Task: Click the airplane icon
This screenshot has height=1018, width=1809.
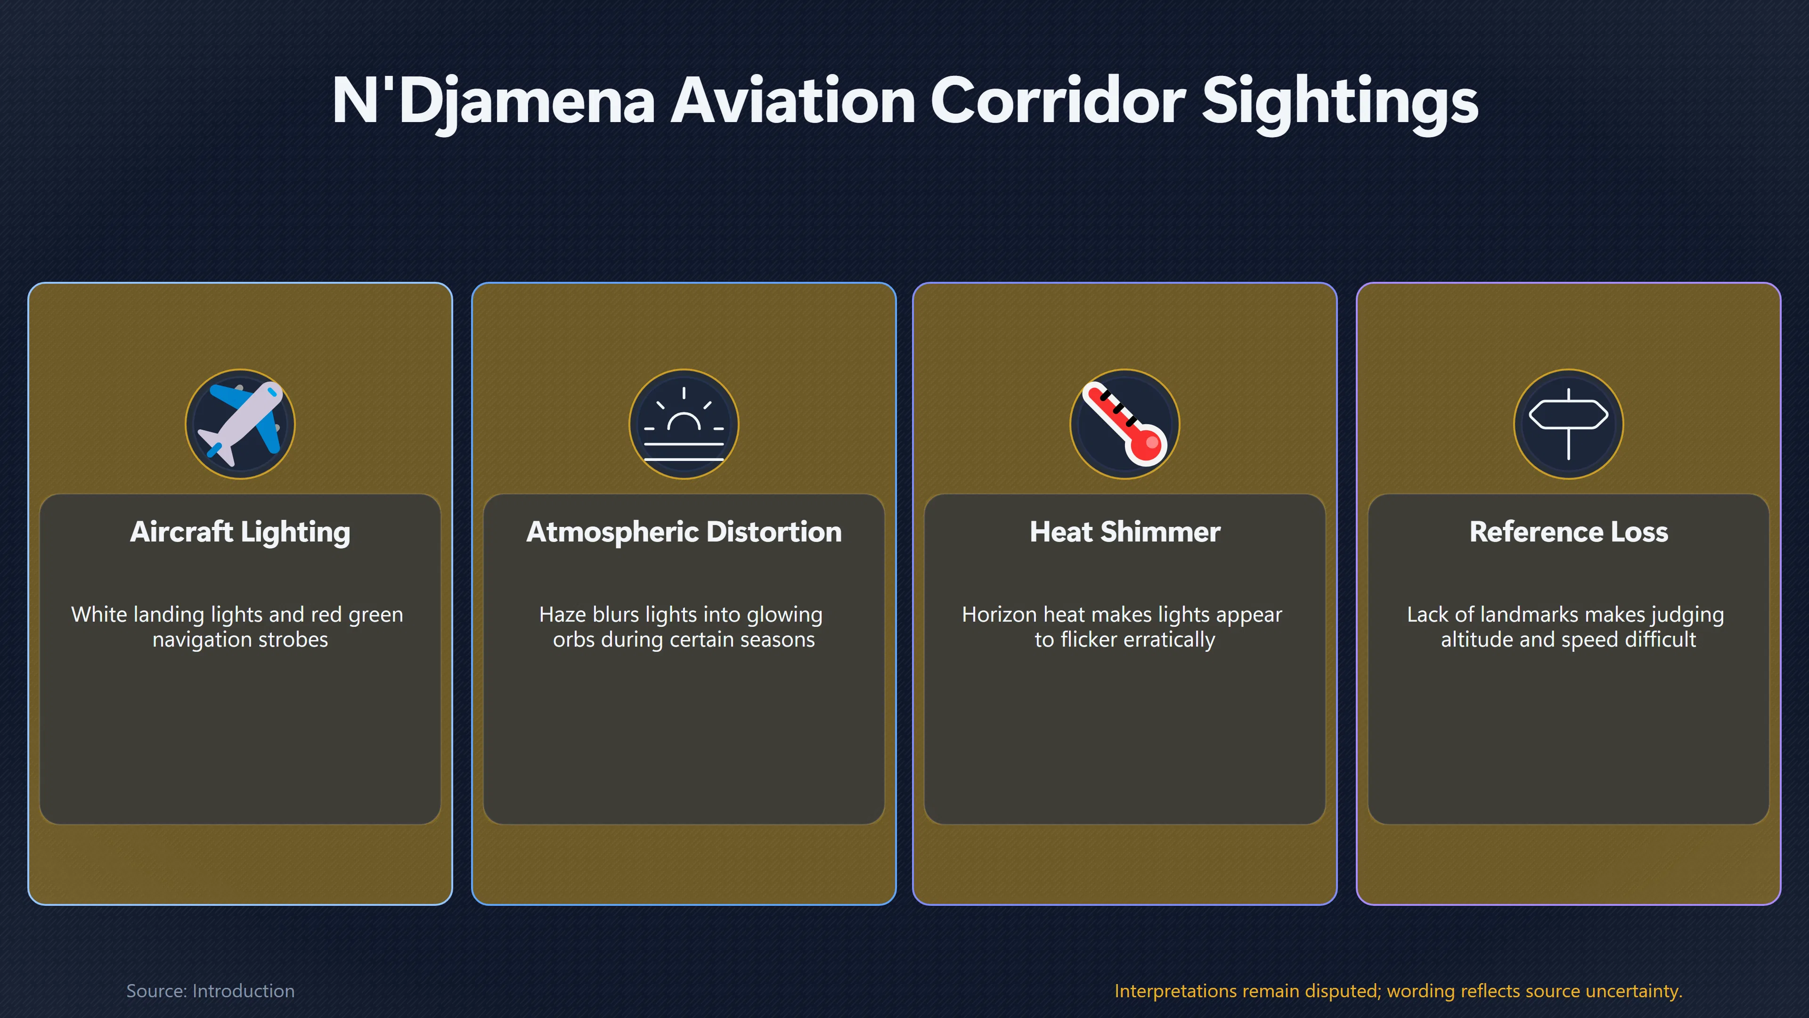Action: [240, 424]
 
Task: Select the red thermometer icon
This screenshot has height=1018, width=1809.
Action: [1125, 424]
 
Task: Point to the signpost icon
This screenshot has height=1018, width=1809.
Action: [1568, 424]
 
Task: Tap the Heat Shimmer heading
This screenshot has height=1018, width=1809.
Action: [1125, 532]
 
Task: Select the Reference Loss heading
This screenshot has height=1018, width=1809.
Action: [1568, 532]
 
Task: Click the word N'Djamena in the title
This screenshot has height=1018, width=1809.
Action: [493, 102]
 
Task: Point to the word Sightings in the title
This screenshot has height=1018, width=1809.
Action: [1340, 102]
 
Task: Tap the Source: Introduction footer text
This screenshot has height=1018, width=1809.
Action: [211, 991]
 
